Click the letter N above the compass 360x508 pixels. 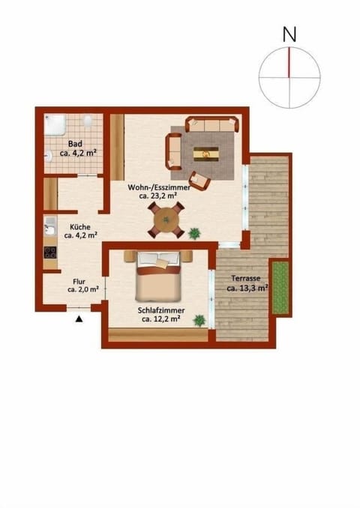(289, 34)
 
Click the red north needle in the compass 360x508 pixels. (289, 62)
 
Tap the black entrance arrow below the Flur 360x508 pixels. (79, 320)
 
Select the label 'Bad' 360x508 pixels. (75, 144)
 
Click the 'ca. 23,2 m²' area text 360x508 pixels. (157, 196)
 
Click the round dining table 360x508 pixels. (164, 220)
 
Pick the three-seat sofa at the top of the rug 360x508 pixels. (212, 124)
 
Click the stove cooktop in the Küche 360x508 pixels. (50, 253)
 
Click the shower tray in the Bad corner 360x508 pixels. (56, 124)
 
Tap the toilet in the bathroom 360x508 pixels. (88, 121)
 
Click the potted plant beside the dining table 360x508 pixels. (195, 233)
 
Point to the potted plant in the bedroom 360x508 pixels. (199, 320)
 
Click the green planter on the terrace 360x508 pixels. (280, 287)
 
